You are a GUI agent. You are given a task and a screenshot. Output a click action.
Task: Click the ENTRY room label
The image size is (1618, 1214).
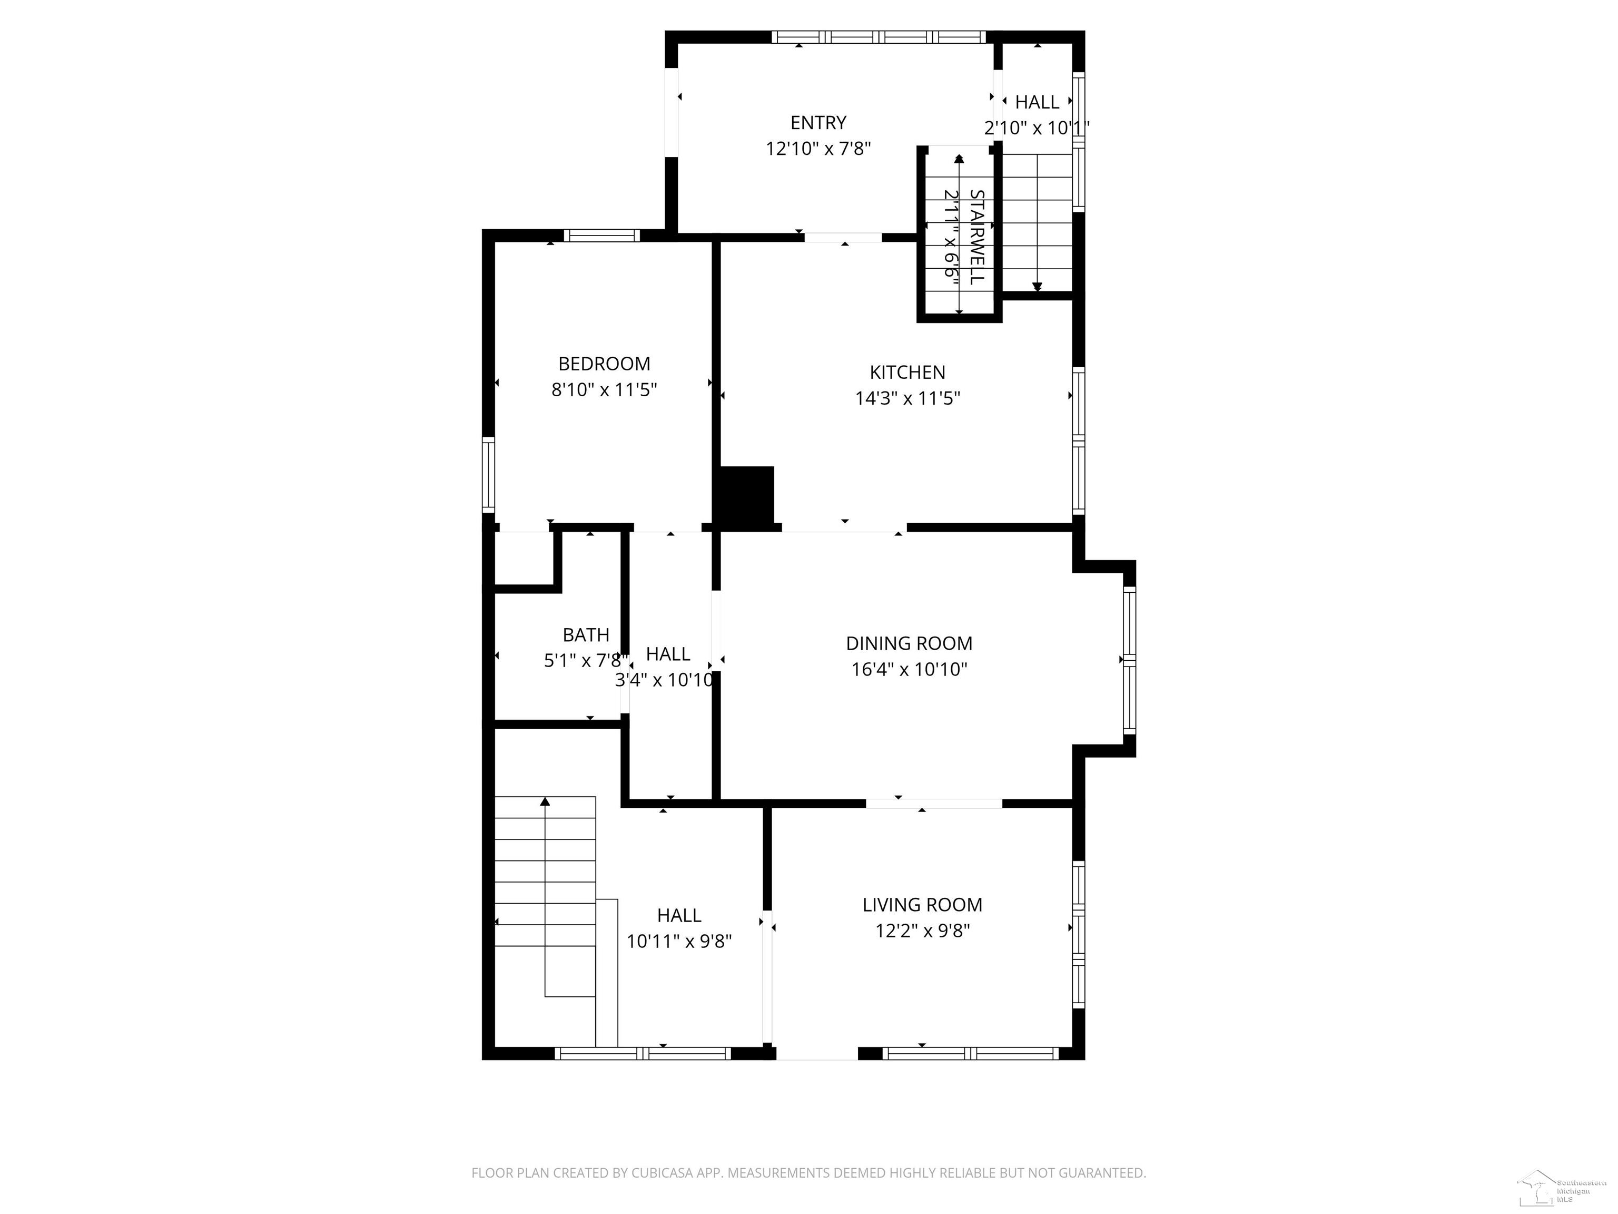click(818, 122)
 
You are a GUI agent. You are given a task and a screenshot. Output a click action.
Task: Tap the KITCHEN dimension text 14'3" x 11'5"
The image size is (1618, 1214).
click(907, 398)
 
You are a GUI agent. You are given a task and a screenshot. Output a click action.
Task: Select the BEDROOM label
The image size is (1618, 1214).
click(604, 364)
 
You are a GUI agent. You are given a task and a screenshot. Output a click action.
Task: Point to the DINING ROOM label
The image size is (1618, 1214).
click(909, 643)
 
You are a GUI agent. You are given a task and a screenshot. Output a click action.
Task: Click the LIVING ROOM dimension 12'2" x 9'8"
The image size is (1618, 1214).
click(922, 931)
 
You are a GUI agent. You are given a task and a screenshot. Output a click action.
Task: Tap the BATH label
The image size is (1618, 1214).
click(585, 634)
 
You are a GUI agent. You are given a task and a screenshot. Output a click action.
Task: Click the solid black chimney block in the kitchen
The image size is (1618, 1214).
click(746, 495)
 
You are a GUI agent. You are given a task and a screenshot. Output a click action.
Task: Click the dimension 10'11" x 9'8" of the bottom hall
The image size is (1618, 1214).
click(679, 941)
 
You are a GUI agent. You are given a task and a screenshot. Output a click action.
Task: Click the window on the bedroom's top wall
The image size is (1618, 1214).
click(601, 236)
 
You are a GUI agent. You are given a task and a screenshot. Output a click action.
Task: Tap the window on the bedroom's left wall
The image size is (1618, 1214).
click(488, 474)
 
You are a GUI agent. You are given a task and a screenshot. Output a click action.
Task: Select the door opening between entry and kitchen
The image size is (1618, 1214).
click(843, 237)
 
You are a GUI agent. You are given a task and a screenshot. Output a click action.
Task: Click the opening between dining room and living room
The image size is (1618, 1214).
click(933, 804)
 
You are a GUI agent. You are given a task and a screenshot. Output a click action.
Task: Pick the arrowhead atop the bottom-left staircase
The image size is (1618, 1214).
click(545, 802)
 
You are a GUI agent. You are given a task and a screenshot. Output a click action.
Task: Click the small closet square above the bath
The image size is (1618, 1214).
click(523, 557)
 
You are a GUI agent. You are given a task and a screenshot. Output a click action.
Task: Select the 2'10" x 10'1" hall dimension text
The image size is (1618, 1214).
click(1037, 128)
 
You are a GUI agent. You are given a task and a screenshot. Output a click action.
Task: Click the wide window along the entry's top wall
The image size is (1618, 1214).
click(879, 36)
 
